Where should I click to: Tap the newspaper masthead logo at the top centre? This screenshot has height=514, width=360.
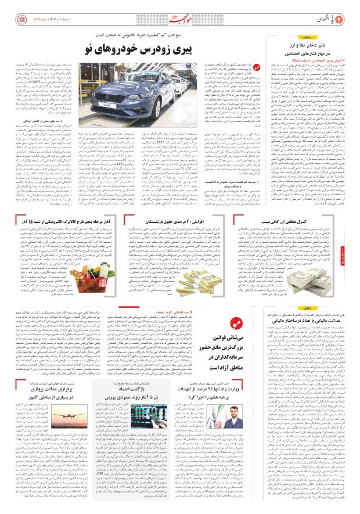point(180,11)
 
